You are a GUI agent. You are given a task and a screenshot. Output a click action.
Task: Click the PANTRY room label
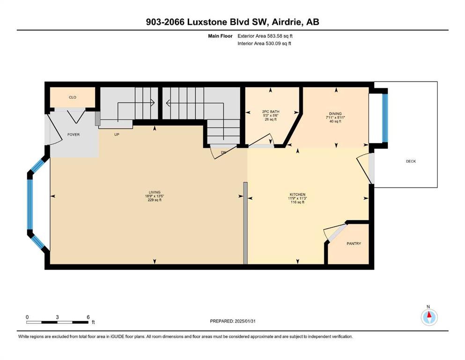coord(354,243)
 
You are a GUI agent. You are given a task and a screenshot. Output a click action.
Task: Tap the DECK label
coord(411,161)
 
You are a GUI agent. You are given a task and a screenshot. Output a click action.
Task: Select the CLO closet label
coord(73,97)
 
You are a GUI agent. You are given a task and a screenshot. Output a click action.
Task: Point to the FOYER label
coord(73,135)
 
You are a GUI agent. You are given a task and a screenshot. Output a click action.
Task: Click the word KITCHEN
coord(297,195)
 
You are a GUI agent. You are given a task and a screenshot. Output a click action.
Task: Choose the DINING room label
coord(335,113)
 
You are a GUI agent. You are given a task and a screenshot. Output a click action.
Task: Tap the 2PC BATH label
coord(271,112)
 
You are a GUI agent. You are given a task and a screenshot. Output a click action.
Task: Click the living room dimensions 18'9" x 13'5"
coord(155,196)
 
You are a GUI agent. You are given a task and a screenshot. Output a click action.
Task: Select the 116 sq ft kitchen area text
coord(297,202)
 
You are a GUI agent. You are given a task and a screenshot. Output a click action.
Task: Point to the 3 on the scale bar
coord(57,317)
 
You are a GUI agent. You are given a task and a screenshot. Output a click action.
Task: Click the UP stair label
coord(117,135)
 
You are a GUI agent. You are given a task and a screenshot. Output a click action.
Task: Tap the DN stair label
coord(224,152)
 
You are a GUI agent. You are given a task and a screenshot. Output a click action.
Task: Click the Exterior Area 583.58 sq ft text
coord(265,36)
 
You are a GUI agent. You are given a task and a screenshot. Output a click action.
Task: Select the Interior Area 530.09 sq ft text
coord(264,43)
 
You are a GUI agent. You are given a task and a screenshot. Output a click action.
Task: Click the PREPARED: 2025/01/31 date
coord(232,321)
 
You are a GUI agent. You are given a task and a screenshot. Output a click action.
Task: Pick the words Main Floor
coord(220,36)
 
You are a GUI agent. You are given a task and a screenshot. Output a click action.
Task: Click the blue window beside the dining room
coord(384,118)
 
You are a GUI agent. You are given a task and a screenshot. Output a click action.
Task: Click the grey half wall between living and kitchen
coord(245,223)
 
